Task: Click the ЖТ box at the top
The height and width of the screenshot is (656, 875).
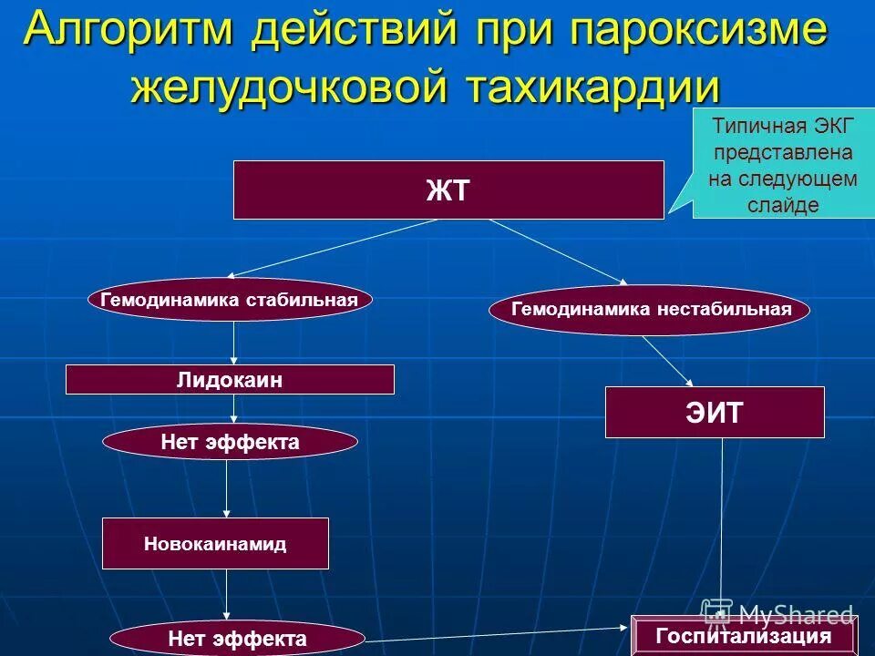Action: (x=448, y=190)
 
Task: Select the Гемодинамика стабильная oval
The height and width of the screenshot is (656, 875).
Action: (x=230, y=300)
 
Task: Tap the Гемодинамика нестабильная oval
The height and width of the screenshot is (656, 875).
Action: (x=650, y=310)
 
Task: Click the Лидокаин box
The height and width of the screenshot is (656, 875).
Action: (x=230, y=380)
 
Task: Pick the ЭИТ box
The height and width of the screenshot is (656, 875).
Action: (x=715, y=413)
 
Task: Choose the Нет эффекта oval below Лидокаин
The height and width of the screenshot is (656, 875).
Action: (x=230, y=442)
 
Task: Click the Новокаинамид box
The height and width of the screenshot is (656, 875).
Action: (x=215, y=544)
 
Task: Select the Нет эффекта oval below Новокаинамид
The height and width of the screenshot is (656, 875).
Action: (x=237, y=639)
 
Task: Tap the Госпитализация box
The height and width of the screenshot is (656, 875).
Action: (x=744, y=636)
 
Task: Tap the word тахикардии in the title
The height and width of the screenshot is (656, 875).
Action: (x=592, y=87)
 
